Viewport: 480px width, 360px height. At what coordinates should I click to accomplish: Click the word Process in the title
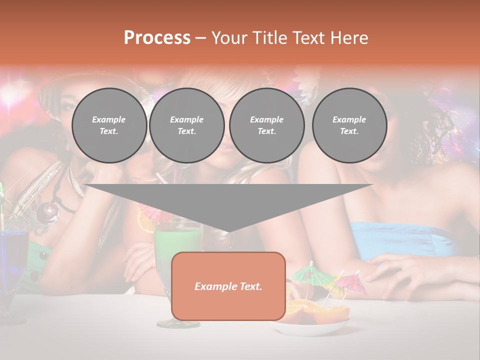(x=157, y=38)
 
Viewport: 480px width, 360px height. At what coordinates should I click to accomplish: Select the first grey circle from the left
(x=109, y=125)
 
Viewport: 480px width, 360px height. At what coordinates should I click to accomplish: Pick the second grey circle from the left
(x=187, y=125)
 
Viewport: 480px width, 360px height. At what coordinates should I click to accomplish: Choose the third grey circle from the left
(x=267, y=125)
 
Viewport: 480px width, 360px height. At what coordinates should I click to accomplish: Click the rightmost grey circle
(x=349, y=125)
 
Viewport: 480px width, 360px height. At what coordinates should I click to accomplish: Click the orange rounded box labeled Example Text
(x=228, y=286)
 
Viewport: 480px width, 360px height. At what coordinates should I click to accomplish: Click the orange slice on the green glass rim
(x=145, y=222)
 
